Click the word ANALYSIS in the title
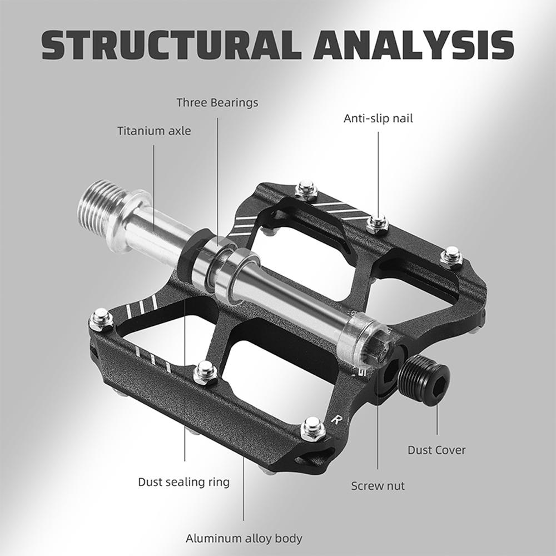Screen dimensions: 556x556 413,45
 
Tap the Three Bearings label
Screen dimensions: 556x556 217,102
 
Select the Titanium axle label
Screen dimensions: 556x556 153,131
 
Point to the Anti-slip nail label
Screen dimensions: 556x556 378,118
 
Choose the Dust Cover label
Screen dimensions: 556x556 436,450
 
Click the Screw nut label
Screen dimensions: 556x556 378,486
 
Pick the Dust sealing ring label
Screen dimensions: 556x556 183,481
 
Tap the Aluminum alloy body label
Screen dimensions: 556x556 244,538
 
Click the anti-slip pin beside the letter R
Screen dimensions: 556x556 312,430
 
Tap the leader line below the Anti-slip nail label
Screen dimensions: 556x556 378,167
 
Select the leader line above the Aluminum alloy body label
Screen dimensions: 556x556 244,495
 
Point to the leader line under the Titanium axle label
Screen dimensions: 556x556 154,183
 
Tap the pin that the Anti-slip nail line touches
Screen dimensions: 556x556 378,222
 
